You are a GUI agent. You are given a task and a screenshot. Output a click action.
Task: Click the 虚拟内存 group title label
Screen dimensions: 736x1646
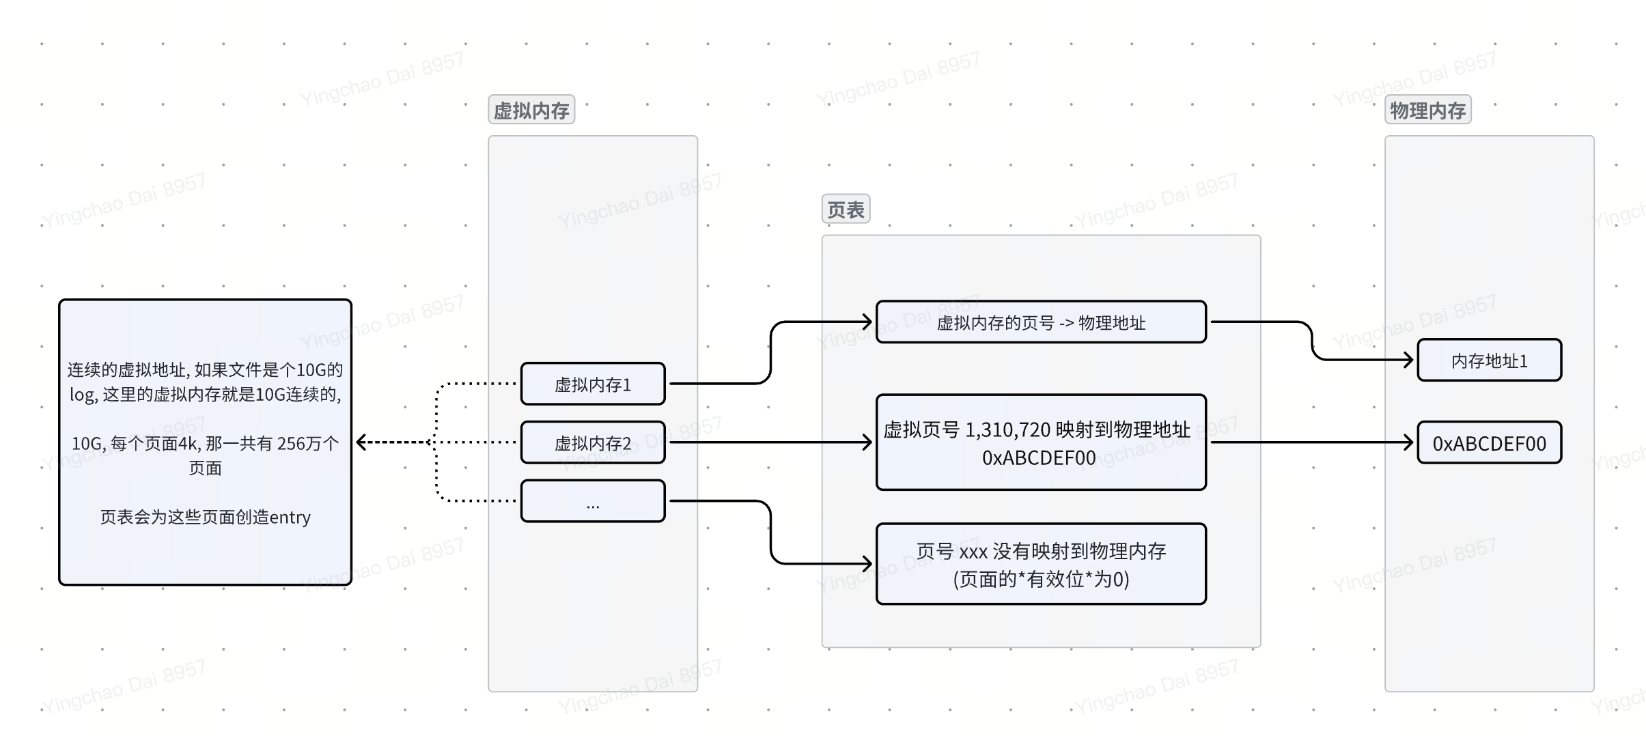pyautogui.click(x=531, y=110)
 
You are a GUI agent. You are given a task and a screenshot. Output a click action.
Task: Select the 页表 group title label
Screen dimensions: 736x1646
pyautogui.click(x=845, y=210)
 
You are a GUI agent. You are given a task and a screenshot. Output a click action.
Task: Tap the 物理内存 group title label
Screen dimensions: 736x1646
pyautogui.click(x=1427, y=110)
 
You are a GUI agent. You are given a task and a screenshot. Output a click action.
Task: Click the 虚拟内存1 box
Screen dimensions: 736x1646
pyautogui.click(x=592, y=384)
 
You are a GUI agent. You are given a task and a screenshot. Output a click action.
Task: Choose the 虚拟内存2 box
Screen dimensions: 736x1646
pyautogui.click(x=592, y=443)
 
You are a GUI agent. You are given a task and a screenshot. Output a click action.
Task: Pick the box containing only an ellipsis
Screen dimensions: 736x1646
pyautogui.click(x=592, y=502)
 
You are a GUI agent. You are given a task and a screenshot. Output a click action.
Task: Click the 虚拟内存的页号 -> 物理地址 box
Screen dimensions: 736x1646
pyautogui.click(x=1040, y=322)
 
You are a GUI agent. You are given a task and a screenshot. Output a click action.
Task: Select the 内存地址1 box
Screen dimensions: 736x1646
pyautogui.click(x=1489, y=360)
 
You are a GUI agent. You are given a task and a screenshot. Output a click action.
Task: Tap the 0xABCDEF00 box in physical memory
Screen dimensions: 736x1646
pyautogui.click(x=1489, y=444)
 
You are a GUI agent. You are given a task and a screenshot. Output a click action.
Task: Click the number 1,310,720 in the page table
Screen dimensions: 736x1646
pyautogui.click(x=1007, y=430)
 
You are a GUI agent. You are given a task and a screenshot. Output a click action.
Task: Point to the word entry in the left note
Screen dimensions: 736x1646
pyautogui.click(x=290, y=518)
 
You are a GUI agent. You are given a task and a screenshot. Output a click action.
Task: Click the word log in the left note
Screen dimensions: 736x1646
pyautogui.click(x=83, y=395)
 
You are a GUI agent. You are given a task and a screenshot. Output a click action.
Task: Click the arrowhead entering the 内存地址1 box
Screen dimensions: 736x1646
pyautogui.click(x=1408, y=360)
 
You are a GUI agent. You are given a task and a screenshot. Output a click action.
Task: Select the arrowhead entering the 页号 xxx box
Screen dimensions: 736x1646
pyautogui.click(x=867, y=564)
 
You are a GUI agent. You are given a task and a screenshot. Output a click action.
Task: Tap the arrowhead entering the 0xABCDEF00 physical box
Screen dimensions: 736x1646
pyautogui.click(x=1408, y=442)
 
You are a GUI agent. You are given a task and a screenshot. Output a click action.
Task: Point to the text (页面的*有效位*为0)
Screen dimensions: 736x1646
pyautogui.click(x=1040, y=580)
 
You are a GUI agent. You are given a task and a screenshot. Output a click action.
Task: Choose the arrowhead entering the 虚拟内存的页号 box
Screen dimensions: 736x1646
pyautogui.click(x=867, y=322)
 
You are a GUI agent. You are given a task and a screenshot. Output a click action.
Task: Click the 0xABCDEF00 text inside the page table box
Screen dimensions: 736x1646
pyautogui.click(x=1038, y=458)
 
